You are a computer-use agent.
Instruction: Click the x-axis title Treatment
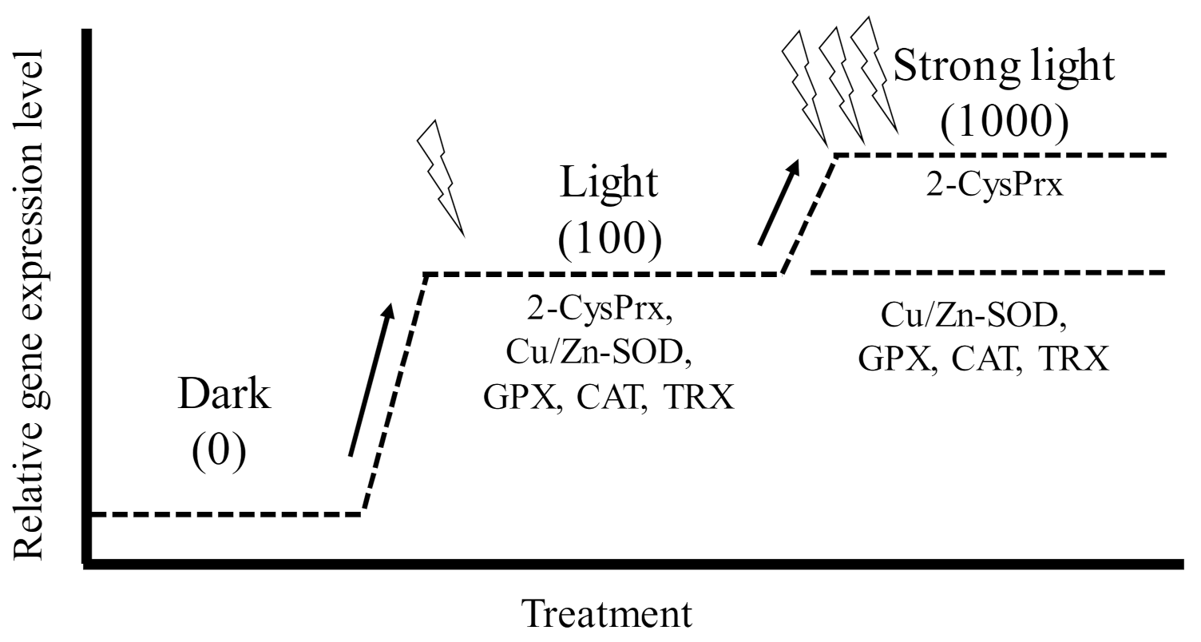[x=606, y=616]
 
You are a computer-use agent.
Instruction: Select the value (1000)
[x=1003, y=121]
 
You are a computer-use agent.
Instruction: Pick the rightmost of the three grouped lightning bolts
[x=874, y=77]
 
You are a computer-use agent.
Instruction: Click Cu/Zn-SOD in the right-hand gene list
[x=975, y=315]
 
